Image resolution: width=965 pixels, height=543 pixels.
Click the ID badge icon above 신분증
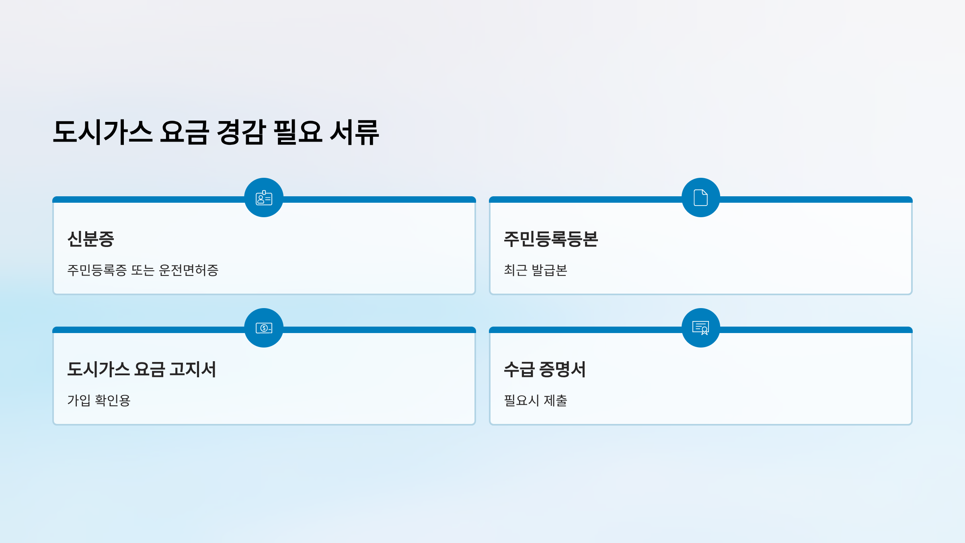click(x=264, y=198)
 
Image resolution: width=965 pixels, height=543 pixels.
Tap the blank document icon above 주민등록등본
click(x=700, y=198)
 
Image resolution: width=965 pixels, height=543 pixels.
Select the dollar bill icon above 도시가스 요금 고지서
click(x=264, y=328)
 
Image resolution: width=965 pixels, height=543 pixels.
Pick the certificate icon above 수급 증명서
click(x=700, y=328)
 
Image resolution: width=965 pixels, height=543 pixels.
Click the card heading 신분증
click(x=91, y=239)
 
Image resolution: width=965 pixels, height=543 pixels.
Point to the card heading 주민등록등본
click(x=551, y=239)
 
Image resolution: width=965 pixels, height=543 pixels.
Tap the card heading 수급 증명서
click(x=544, y=369)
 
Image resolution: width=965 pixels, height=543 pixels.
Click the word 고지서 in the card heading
click(x=193, y=369)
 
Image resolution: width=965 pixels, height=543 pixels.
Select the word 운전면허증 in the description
click(x=189, y=270)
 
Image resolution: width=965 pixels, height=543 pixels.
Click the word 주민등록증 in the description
click(x=97, y=270)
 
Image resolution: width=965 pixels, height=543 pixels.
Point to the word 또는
click(x=143, y=270)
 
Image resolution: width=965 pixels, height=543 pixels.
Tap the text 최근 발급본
click(x=535, y=270)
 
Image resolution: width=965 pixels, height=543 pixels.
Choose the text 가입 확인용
click(x=99, y=401)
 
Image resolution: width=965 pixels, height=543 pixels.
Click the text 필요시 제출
click(x=535, y=401)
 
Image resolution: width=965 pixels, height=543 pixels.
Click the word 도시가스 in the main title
click(x=103, y=132)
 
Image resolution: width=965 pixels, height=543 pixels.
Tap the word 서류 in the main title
click(x=354, y=132)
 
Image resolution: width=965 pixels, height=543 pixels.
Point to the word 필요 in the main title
click(x=298, y=132)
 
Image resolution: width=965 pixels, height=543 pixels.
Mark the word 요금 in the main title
click(x=185, y=132)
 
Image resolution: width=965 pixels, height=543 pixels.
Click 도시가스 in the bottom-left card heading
click(x=99, y=369)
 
